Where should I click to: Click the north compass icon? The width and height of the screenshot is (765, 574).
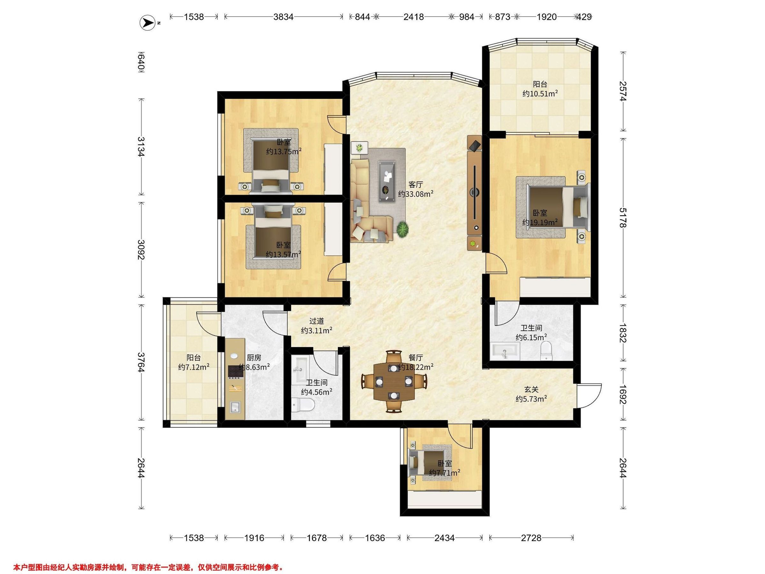[x=147, y=23]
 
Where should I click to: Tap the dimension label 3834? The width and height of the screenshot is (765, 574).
[x=283, y=17]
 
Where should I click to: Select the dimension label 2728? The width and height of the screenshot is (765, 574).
[x=531, y=538]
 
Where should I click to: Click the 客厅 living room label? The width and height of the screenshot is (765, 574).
[x=416, y=185]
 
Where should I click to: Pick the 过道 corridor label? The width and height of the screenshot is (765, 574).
[x=317, y=321]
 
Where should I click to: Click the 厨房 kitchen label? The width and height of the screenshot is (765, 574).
[x=254, y=358]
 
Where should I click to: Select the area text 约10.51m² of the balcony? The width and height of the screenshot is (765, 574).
[x=540, y=93]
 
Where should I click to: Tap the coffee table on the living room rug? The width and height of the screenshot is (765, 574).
[x=387, y=180]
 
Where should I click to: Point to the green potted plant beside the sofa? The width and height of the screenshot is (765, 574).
[x=403, y=229]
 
